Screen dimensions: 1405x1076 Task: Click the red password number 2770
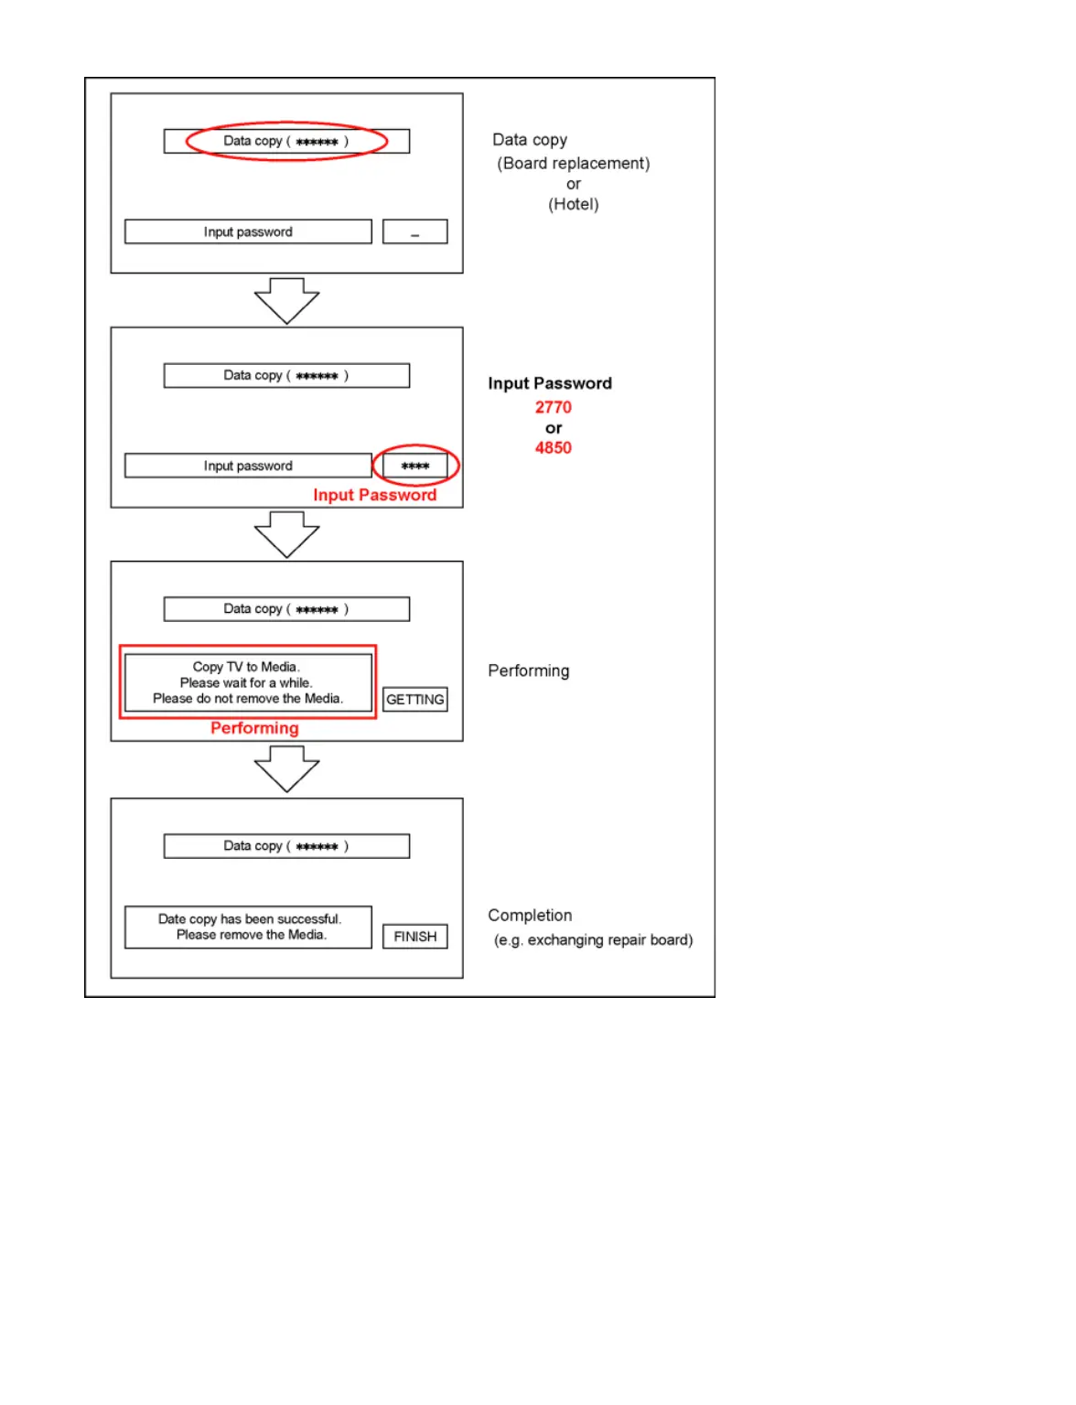click(x=553, y=407)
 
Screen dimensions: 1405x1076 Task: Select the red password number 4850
click(x=553, y=447)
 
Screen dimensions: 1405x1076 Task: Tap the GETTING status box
click(x=414, y=700)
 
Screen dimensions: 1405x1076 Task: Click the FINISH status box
click(x=414, y=937)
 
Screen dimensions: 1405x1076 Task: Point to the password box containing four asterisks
click(x=414, y=466)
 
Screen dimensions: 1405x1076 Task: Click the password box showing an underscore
click(x=414, y=231)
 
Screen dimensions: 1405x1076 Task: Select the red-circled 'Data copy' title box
click(x=286, y=141)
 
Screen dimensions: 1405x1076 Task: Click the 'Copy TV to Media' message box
click(x=248, y=682)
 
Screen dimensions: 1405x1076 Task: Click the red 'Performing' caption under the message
click(x=254, y=728)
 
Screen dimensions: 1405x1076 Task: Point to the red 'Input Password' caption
click(x=374, y=495)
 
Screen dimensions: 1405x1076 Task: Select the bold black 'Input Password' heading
click(x=549, y=383)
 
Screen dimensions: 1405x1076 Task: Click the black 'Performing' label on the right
click(x=528, y=670)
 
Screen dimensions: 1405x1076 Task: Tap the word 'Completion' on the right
click(x=530, y=915)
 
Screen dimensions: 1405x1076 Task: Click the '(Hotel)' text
click(x=573, y=204)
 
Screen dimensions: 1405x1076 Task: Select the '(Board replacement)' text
click(x=573, y=164)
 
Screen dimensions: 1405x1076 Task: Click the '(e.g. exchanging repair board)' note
click(x=593, y=939)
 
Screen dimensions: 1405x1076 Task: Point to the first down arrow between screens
click(x=286, y=300)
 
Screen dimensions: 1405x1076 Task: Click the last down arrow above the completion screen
click(x=286, y=768)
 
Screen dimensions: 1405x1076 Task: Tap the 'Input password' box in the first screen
click(x=248, y=231)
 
